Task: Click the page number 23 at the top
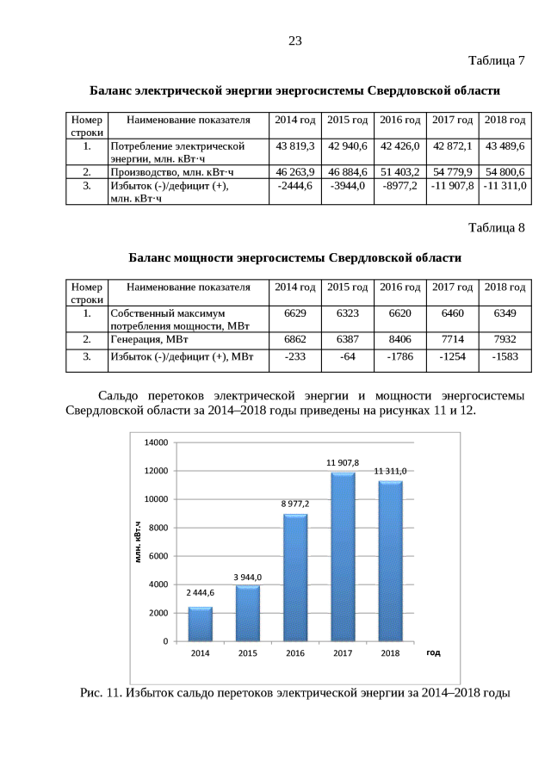tap(295, 40)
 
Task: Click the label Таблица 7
tap(496, 61)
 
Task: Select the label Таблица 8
tap(496, 228)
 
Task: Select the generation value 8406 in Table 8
tap(399, 339)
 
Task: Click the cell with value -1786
tap(399, 356)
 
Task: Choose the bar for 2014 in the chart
tap(200, 623)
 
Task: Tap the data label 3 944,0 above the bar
tap(247, 577)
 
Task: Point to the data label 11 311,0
tap(390, 472)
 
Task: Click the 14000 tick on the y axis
tap(154, 442)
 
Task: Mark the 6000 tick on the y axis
tap(157, 556)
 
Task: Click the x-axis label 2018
tap(390, 654)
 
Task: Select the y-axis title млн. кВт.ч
tap(138, 542)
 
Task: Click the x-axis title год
tap(433, 653)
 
